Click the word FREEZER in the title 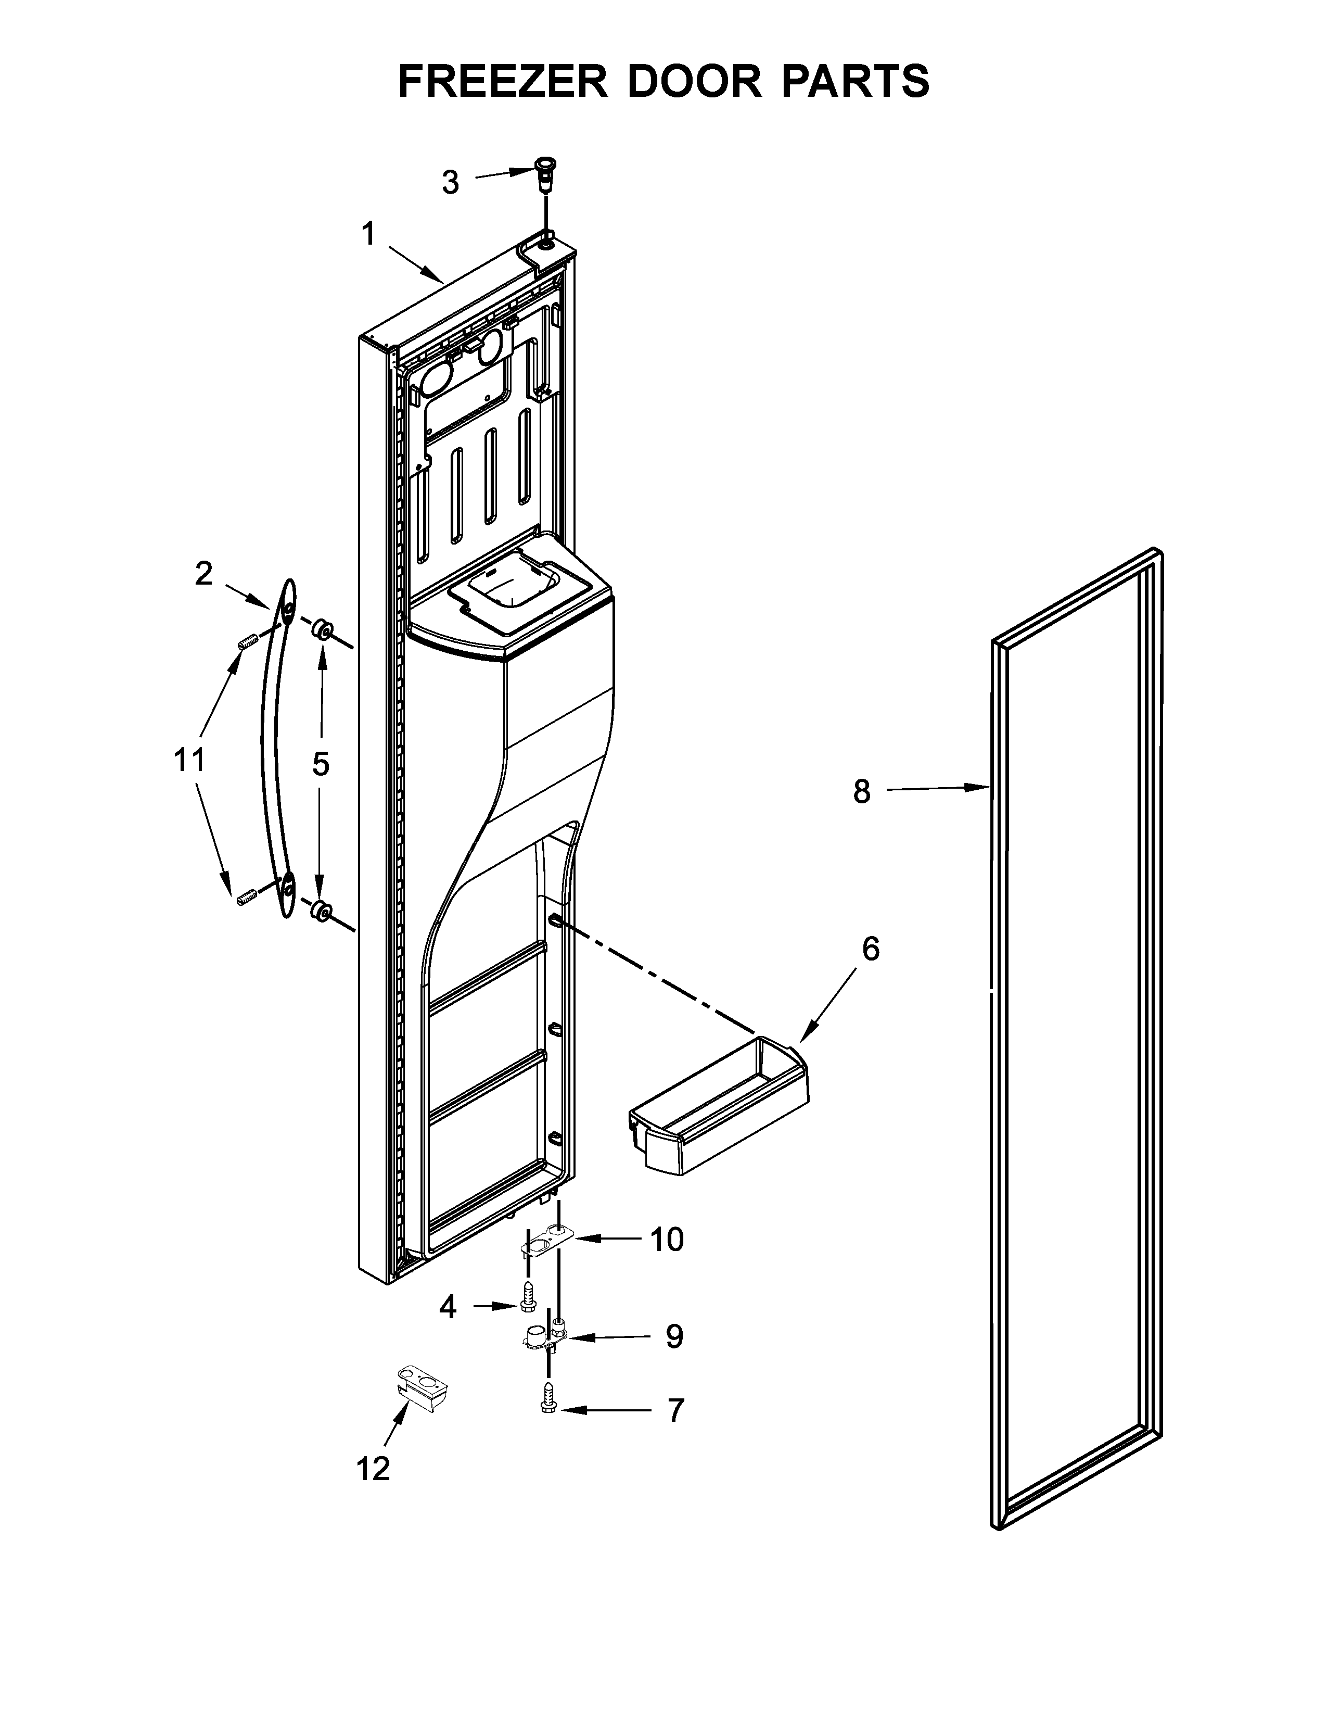pos(503,81)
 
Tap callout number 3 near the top pos(450,183)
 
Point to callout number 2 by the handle pos(203,574)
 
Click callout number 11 pos(189,761)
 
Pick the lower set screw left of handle pos(246,896)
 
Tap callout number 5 pos(321,763)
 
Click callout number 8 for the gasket pos(862,791)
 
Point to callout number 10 pos(667,1240)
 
